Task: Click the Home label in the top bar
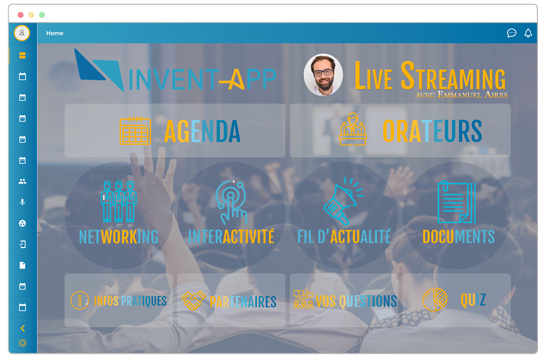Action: click(54, 33)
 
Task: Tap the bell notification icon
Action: click(528, 33)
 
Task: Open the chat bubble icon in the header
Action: click(511, 33)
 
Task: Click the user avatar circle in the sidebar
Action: click(22, 33)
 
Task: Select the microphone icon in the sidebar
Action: click(23, 202)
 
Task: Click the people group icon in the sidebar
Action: click(23, 181)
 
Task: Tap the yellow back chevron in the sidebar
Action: click(23, 328)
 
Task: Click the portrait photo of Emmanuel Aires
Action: click(323, 75)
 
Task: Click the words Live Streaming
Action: click(430, 77)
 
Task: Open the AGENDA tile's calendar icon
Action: click(135, 130)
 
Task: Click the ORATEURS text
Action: click(432, 132)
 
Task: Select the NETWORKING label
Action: click(118, 237)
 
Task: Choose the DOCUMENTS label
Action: click(458, 237)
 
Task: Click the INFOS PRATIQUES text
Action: click(130, 301)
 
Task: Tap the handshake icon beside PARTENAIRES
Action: click(193, 301)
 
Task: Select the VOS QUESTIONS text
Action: click(356, 301)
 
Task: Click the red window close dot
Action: click(20, 14)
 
